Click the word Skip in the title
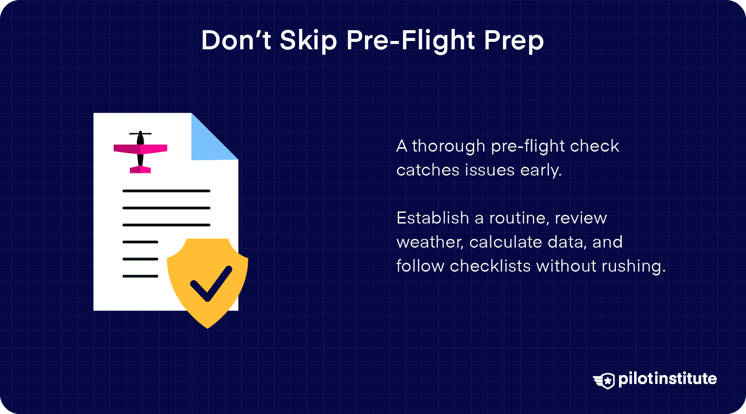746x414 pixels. tap(308, 41)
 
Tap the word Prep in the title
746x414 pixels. tap(513, 41)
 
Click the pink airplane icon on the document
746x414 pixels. tap(140, 152)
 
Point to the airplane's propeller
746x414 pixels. tap(140, 134)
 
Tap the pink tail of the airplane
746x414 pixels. tap(140, 170)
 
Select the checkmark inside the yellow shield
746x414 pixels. tap(211, 284)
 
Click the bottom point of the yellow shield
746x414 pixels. tap(208, 328)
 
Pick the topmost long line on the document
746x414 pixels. tap(166, 191)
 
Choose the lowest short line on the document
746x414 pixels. tap(140, 276)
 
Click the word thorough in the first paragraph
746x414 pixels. tap(448, 147)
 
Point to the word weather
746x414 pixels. tap(430, 243)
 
